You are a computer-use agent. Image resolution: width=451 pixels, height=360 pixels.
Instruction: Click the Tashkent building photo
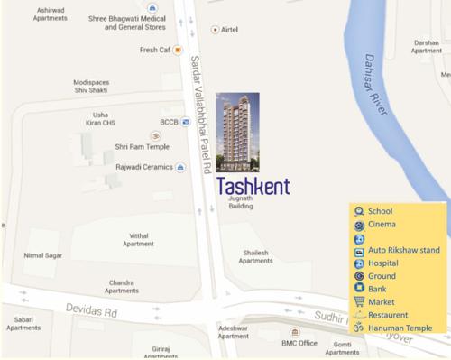(x=237, y=132)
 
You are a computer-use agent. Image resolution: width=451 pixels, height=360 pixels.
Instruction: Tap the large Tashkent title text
(x=253, y=187)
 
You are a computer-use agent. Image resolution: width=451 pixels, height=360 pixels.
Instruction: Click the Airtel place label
(x=229, y=30)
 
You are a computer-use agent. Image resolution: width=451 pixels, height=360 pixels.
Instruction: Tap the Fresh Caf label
(x=156, y=50)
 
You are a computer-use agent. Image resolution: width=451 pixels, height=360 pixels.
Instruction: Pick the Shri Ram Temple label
(x=142, y=146)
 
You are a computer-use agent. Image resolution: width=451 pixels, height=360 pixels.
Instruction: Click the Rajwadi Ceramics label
(x=143, y=167)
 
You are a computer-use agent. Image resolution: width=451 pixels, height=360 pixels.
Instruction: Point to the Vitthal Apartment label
(x=138, y=239)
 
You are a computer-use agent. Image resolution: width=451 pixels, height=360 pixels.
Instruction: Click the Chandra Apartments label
(x=122, y=286)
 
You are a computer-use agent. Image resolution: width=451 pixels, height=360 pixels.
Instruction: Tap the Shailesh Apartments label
(x=255, y=256)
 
